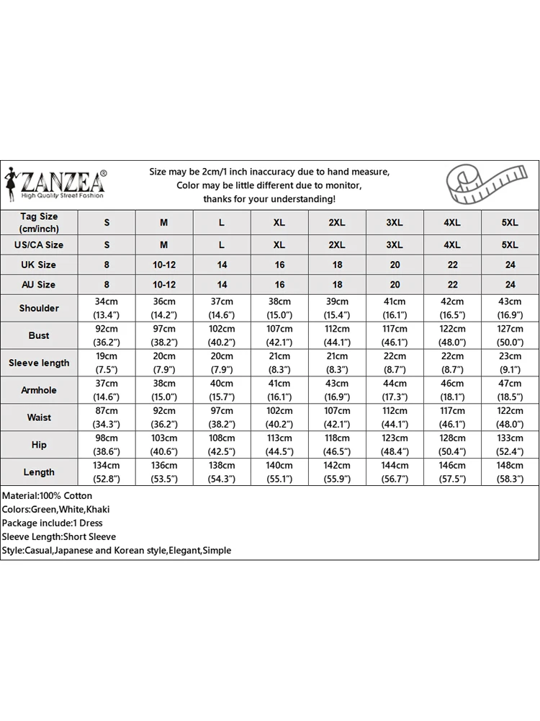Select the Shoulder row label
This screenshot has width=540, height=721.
[x=39, y=308]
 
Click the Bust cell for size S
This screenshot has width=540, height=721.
[x=107, y=335]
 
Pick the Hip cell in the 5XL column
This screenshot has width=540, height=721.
[x=510, y=445]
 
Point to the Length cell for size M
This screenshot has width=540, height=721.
[x=164, y=472]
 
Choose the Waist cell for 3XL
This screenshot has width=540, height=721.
[x=395, y=417]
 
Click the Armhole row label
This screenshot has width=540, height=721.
[x=39, y=390]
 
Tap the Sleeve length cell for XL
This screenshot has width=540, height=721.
[x=279, y=363]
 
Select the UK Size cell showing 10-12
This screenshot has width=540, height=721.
[x=164, y=265]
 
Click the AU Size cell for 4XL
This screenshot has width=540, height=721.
[x=452, y=285]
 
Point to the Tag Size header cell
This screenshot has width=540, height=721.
[x=39, y=222]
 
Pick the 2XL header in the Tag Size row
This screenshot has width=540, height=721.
[x=337, y=223]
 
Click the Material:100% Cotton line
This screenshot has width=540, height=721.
[x=48, y=495]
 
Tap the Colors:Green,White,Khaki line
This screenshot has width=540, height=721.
[x=56, y=509]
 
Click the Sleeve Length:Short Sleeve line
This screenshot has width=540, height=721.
[x=59, y=536]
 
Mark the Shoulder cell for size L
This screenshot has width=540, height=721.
[x=222, y=308]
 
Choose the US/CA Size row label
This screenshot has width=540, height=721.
[x=39, y=244]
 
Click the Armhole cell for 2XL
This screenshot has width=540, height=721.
[x=337, y=390]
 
